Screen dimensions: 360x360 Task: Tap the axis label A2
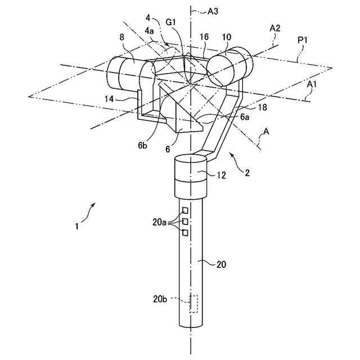click(275, 28)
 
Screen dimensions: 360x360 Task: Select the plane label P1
click(304, 41)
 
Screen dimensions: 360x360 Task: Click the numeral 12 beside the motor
click(222, 175)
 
